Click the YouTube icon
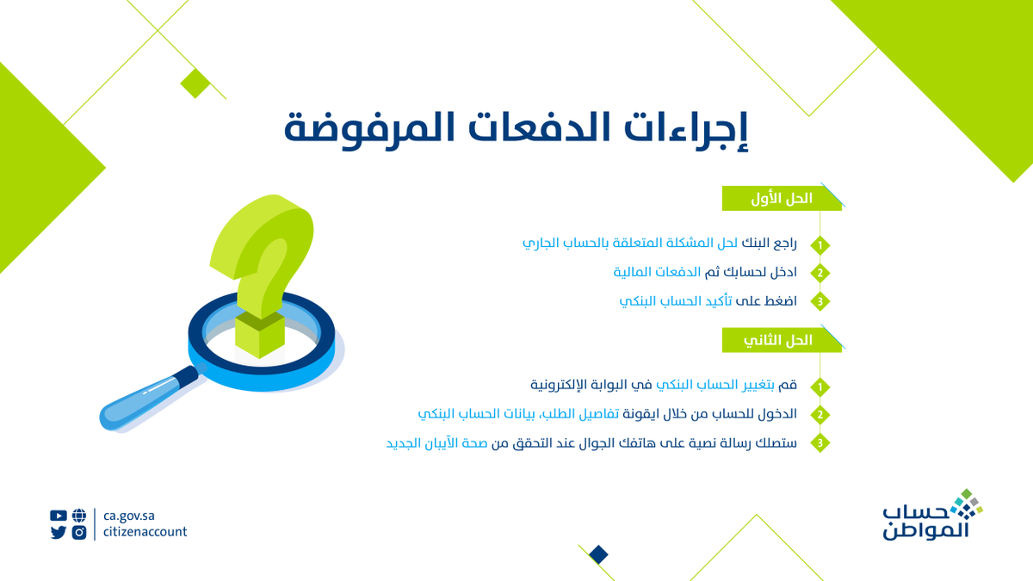point(58,516)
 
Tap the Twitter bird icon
point(58,532)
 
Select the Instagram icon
point(79,532)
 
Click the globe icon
point(79,516)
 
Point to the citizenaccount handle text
point(145,532)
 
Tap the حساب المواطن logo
point(930,516)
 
